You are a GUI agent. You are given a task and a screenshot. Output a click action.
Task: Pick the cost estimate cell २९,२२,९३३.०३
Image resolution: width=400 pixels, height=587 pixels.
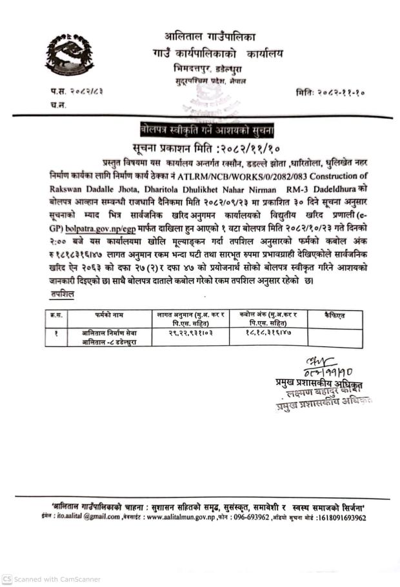192,332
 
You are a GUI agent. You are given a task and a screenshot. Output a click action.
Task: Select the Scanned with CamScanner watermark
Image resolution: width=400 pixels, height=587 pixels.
52,579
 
